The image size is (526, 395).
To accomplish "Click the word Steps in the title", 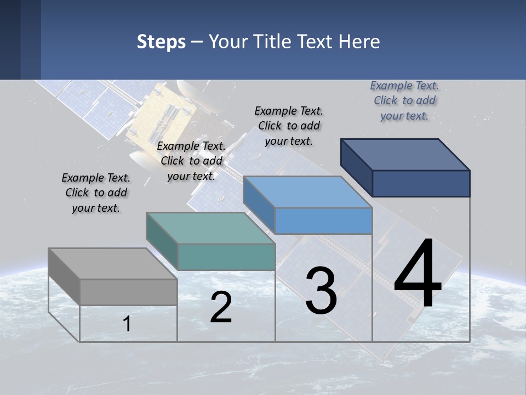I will tap(161, 42).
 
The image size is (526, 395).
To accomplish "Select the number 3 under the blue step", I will tap(321, 291).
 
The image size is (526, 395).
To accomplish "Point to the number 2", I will tap(221, 307).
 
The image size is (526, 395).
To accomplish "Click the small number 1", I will tap(127, 324).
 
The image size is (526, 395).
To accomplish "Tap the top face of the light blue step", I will tap(307, 192).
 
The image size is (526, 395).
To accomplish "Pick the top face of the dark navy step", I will tap(405, 155).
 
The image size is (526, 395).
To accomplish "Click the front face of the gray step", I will tap(129, 292).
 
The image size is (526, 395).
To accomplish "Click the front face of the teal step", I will tap(226, 257).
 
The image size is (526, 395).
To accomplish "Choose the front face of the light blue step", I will tap(323, 221).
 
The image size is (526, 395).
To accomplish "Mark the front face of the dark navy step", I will tap(421, 183).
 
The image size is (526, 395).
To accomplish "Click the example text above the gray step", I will tap(96, 193).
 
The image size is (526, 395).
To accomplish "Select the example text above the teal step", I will tap(191, 161).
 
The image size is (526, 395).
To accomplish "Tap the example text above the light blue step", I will tap(289, 126).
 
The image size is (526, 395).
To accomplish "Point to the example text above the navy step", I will tap(404, 100).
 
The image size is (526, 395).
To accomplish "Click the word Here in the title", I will tap(359, 42).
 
